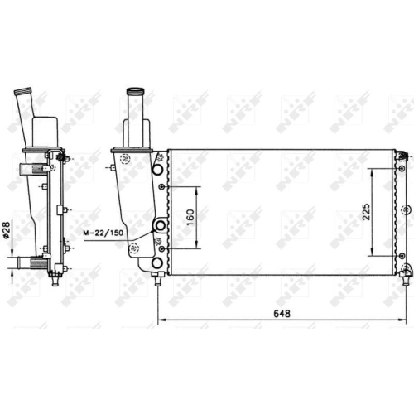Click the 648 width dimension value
point(282,314)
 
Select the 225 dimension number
point(366,212)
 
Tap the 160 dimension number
point(190,217)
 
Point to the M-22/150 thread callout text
point(103,233)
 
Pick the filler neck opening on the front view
point(136,92)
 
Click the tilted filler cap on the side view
point(23,91)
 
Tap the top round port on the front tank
point(157,170)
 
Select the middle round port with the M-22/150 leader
point(161,225)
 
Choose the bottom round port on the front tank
point(157,263)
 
